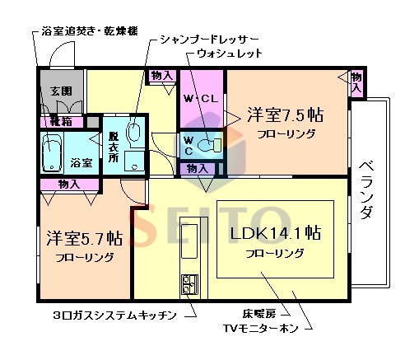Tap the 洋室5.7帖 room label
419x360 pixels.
tap(85, 239)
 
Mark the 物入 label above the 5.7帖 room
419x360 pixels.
tap(68, 185)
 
